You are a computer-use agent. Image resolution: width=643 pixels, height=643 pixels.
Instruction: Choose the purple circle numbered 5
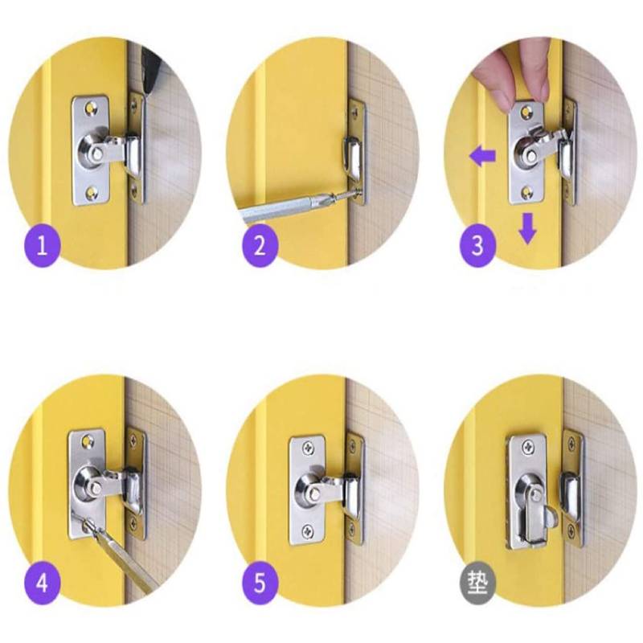pos(260,581)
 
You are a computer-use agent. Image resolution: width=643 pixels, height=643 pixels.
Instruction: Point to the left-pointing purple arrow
pos(482,155)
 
